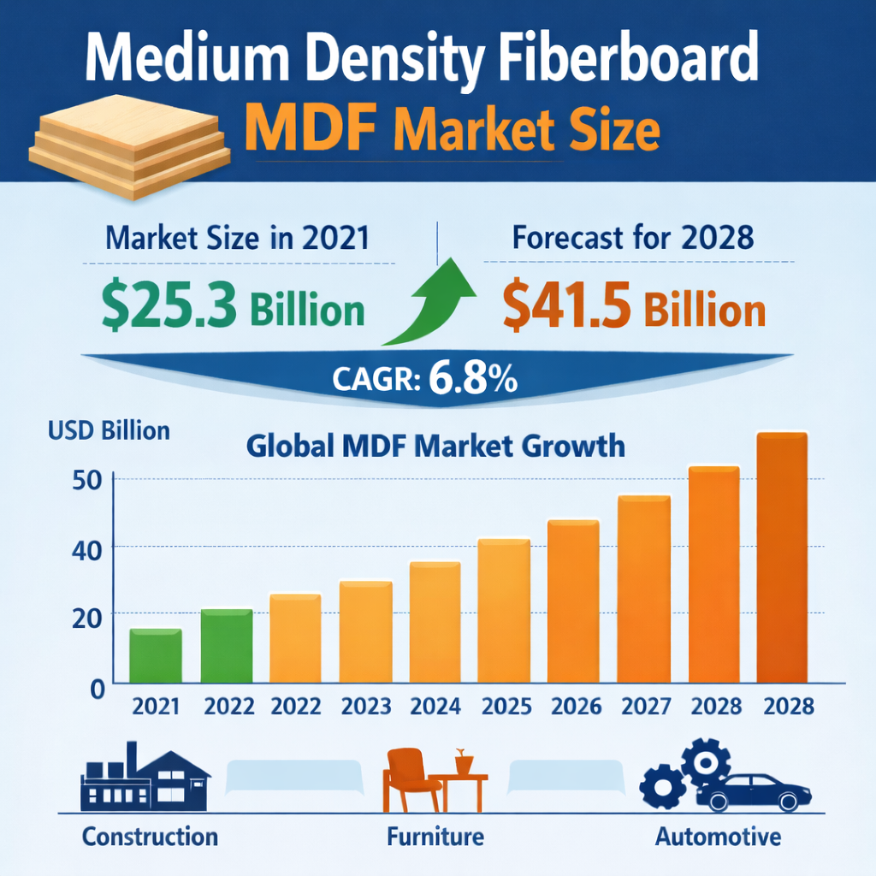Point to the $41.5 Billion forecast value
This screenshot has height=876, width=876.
pos(634,309)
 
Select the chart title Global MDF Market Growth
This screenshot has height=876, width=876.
pos(435,446)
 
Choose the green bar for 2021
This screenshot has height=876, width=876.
pos(156,656)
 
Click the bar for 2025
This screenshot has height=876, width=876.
pos(504,611)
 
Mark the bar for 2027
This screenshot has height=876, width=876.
pos(644,589)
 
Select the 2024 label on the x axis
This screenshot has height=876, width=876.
pos(435,707)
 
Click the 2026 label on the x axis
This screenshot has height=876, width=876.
pos(575,707)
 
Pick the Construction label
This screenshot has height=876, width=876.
pos(150,835)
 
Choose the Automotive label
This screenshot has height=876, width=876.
pos(718,835)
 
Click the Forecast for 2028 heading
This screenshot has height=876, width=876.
pos(633,237)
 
